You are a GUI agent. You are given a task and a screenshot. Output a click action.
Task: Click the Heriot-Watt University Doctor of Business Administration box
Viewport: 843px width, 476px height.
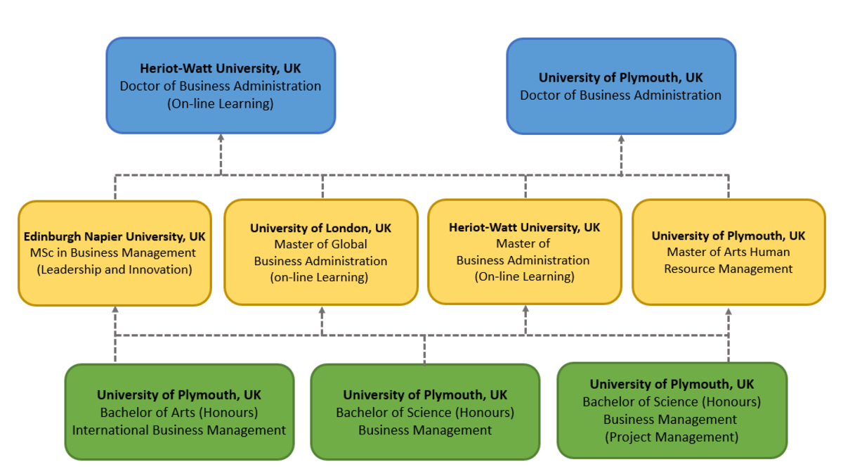tap(220, 85)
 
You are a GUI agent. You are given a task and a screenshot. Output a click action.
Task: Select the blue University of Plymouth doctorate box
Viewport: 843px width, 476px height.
tap(621, 86)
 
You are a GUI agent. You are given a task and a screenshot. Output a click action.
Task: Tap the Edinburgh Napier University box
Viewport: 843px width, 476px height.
tap(115, 252)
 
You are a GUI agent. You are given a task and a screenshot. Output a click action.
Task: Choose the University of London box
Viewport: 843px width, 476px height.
tap(321, 252)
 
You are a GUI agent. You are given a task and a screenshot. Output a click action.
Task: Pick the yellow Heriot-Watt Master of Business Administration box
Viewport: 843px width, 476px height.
tap(524, 252)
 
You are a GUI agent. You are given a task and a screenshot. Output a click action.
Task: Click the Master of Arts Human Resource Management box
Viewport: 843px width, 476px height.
tap(728, 252)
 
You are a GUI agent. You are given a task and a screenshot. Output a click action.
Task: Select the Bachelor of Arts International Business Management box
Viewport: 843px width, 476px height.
tap(179, 412)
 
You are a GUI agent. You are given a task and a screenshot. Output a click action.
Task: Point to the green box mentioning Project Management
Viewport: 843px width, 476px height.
tap(672, 410)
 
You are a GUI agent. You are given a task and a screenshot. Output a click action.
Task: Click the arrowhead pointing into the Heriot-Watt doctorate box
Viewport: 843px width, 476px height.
tap(220, 139)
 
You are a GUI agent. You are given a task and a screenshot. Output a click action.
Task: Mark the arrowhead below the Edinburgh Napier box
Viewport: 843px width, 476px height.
tap(115, 310)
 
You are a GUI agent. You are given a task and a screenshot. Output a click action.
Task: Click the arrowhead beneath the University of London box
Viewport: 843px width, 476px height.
tap(322, 310)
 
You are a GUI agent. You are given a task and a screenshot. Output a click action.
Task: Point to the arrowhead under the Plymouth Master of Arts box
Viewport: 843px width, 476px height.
tap(728, 310)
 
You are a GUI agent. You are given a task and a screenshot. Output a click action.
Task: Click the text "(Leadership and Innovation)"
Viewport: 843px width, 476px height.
tap(115, 269)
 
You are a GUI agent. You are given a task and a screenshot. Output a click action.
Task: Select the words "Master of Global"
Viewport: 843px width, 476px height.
tap(320, 245)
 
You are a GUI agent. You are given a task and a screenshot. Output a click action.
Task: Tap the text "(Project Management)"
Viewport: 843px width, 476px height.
tap(672, 437)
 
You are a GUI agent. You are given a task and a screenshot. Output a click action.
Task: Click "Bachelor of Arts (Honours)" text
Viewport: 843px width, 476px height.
tap(179, 412)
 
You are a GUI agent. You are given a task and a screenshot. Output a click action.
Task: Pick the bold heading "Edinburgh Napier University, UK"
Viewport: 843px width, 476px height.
tap(115, 236)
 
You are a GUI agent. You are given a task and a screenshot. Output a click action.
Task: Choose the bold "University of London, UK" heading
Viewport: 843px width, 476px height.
tap(320, 229)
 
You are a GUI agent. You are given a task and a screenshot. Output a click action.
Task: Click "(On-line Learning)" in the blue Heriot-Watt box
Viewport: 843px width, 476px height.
tap(220, 103)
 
